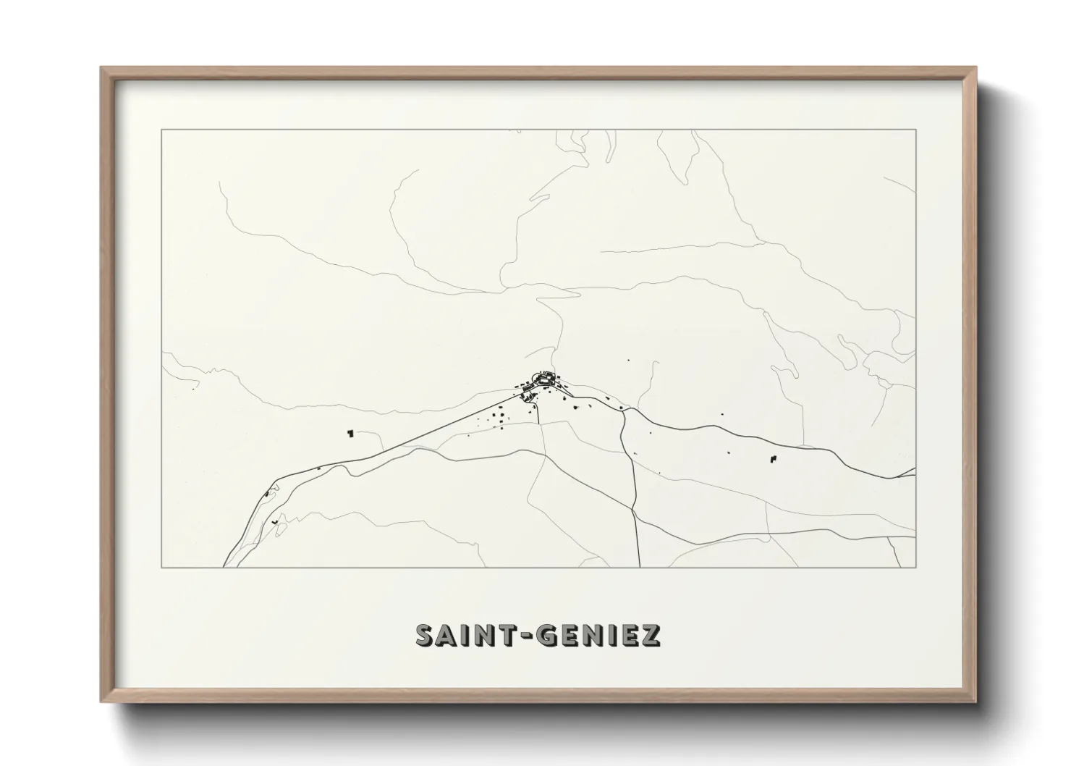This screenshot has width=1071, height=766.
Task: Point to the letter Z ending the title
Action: point(651,635)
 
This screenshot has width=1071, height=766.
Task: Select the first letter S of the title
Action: point(425,635)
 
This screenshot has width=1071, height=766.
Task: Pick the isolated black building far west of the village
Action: point(351,433)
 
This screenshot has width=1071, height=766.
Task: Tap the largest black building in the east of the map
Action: point(771,459)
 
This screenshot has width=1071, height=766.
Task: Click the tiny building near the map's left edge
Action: point(194,389)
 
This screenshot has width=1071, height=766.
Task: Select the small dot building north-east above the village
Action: point(627,360)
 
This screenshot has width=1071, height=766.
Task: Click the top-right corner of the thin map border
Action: point(915,130)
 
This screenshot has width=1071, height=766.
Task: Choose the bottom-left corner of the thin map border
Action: point(161,567)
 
